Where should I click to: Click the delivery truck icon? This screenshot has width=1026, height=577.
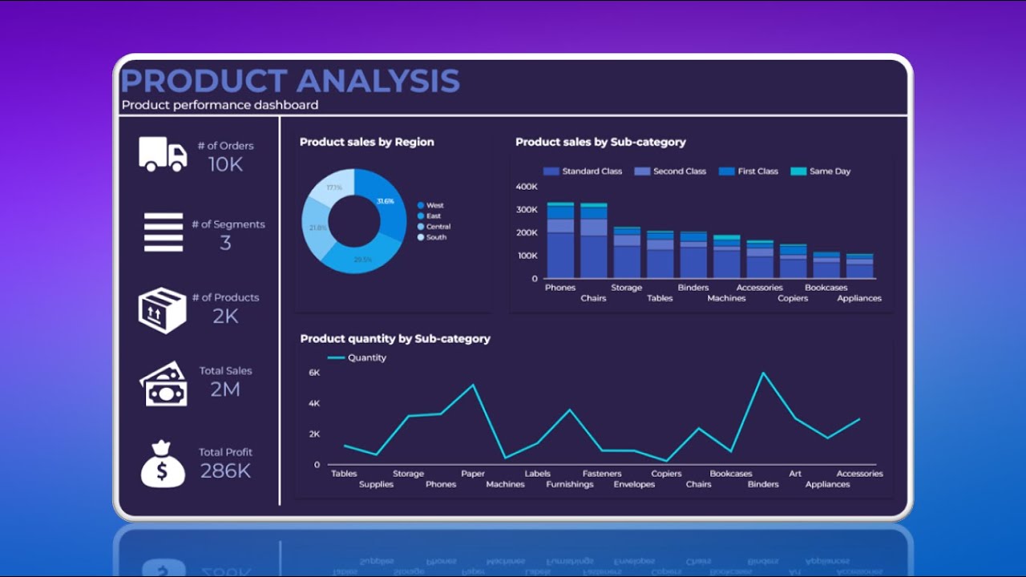click(x=163, y=154)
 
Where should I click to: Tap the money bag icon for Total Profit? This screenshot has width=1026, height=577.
click(x=163, y=464)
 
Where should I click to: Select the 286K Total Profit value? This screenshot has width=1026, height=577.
click(x=225, y=471)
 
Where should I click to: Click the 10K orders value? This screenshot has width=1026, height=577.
click(x=225, y=164)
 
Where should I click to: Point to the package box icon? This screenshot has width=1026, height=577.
click(x=163, y=310)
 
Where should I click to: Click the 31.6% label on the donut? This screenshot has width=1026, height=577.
click(x=386, y=201)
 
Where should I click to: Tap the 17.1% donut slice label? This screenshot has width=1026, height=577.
click(x=334, y=188)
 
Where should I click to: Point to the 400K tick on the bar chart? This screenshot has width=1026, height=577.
click(x=527, y=187)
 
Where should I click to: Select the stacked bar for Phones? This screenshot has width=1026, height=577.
click(x=560, y=240)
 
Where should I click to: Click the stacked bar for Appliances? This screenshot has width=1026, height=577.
click(x=859, y=266)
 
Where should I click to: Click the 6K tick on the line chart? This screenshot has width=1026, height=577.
click(x=314, y=373)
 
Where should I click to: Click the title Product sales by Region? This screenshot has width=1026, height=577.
click(x=366, y=142)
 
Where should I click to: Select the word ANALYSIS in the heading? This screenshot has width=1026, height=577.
click(x=378, y=82)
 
